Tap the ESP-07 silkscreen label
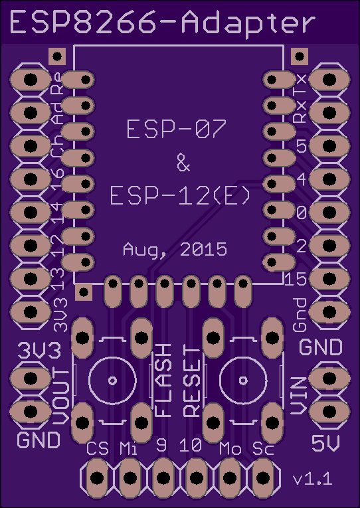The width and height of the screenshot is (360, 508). tap(176, 129)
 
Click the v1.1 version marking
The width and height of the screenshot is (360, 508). tap(313, 479)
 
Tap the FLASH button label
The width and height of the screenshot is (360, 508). tap(163, 380)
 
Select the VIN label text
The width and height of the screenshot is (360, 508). tap(298, 396)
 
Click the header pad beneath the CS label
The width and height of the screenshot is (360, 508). tap(96, 478)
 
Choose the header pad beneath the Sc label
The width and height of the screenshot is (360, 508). tap(263, 478)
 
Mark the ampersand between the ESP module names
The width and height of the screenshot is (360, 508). tap(183, 163)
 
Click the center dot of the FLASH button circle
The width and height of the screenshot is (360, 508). tap(112, 381)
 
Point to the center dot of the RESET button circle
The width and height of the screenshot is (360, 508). tap(243, 381)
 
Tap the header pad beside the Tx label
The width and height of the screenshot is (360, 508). tap(329, 80)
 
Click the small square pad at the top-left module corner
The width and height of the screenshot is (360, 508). tap(57, 56)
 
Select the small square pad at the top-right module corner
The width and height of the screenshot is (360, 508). tap(300, 56)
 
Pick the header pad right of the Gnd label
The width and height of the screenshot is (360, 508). tap(329, 311)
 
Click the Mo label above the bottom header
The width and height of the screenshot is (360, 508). tap(230, 448)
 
